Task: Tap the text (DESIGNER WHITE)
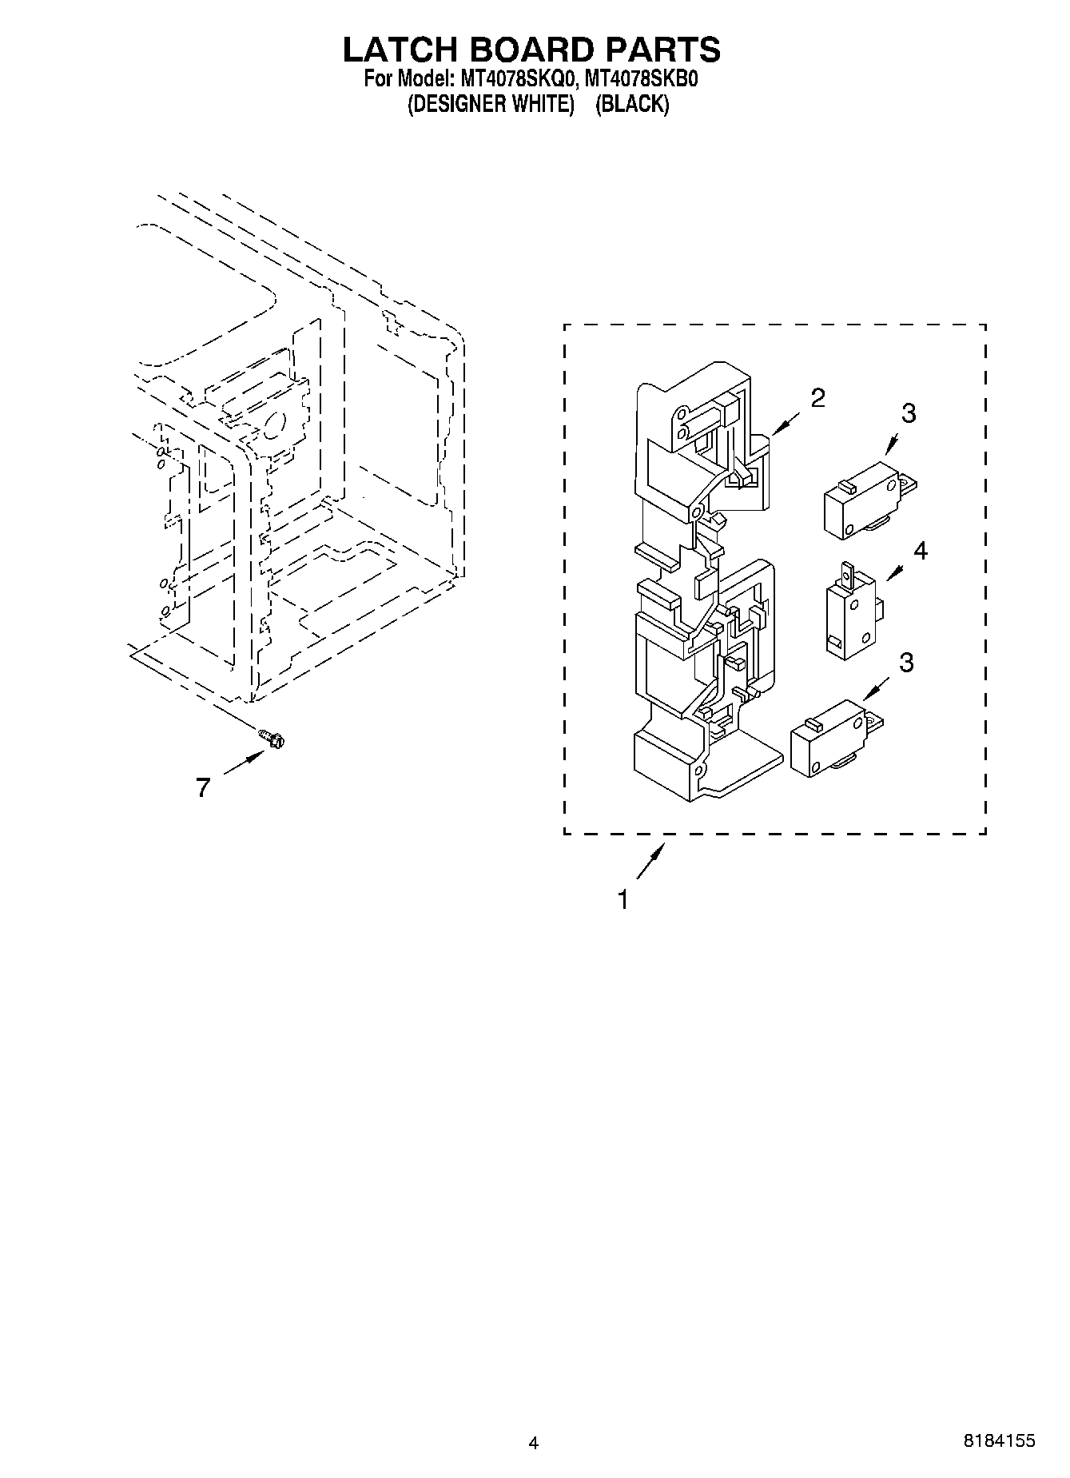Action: click(491, 105)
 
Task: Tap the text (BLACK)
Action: click(631, 105)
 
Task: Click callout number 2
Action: click(817, 398)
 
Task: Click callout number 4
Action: click(921, 551)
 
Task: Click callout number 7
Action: click(203, 788)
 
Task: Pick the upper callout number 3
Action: click(908, 413)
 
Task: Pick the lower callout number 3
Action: click(906, 663)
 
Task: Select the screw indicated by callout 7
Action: click(272, 739)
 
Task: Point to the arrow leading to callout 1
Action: click(650, 863)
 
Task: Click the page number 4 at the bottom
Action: click(534, 1443)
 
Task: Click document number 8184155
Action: click(999, 1440)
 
